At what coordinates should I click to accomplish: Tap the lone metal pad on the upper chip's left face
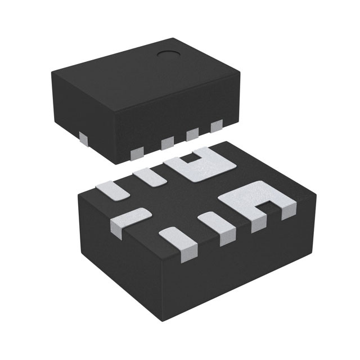point(83,137)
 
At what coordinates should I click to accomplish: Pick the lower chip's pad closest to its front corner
point(179,242)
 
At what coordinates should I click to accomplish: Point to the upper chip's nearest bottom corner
point(121,164)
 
